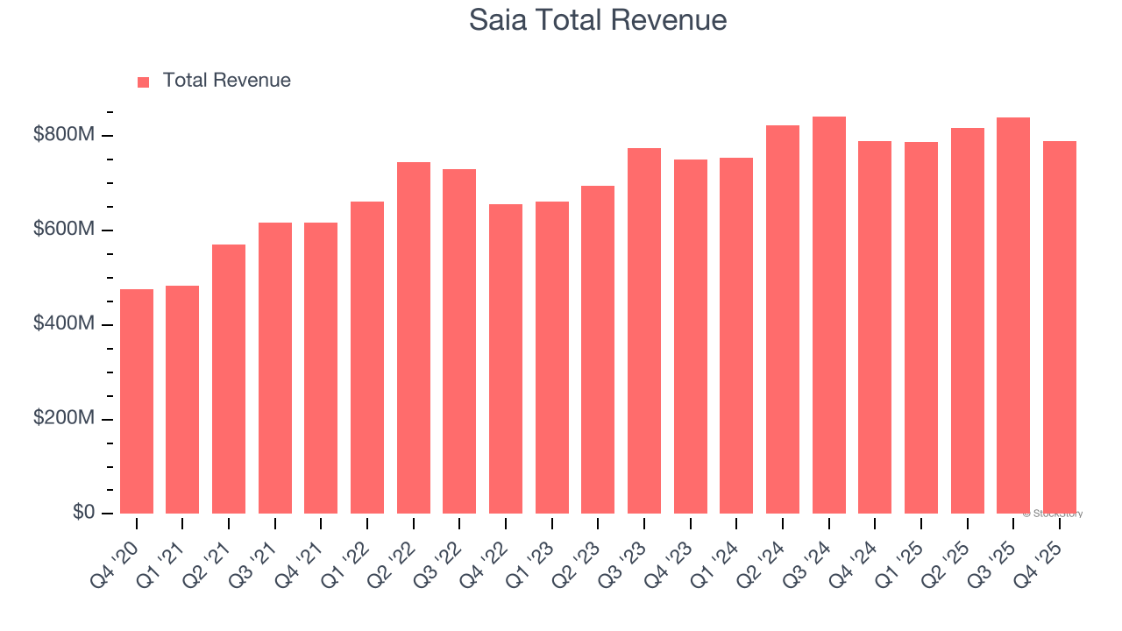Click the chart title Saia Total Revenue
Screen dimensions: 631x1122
[x=598, y=19]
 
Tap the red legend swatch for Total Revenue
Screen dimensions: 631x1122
[x=144, y=82]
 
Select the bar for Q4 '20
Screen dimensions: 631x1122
[x=137, y=401]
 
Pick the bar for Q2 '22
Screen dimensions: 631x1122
[x=414, y=337]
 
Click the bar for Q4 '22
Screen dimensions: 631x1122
[x=506, y=358]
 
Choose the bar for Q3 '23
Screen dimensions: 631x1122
[x=644, y=330]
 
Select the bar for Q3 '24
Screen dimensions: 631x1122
[x=828, y=315]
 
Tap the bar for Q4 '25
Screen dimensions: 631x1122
[x=1059, y=327]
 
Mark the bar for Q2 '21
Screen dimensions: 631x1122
[x=229, y=379]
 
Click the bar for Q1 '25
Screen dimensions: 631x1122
[x=920, y=328]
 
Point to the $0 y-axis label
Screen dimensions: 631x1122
[x=84, y=513]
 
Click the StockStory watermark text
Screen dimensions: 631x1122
[x=1053, y=514]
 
